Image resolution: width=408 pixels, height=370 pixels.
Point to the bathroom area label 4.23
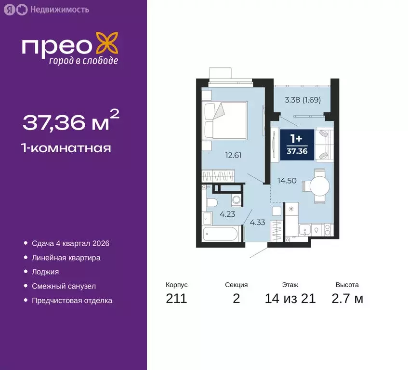click(227, 215)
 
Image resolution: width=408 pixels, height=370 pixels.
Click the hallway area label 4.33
click(258, 222)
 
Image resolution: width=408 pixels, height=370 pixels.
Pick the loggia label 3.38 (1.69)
click(303, 100)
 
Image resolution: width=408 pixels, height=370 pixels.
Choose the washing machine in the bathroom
click(236, 200)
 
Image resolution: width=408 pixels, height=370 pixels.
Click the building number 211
click(176, 299)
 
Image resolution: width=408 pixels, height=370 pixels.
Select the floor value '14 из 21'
click(290, 299)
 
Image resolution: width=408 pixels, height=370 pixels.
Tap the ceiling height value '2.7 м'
click(347, 299)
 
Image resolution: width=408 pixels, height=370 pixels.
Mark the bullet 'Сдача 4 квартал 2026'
click(70, 243)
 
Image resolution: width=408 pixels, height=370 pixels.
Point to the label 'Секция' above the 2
click(236, 285)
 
